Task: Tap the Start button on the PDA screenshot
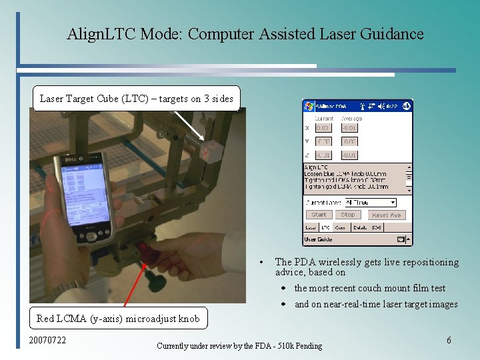[x=319, y=215]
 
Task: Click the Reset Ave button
[x=386, y=215]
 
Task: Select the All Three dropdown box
[x=368, y=202]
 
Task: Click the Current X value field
[x=323, y=127]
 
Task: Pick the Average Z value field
[x=349, y=155]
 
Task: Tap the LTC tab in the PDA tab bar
[x=325, y=228]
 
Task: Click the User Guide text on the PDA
[x=319, y=239]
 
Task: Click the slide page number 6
[x=449, y=340]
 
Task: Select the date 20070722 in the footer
[x=48, y=341]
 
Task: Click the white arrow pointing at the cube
[x=184, y=125]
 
